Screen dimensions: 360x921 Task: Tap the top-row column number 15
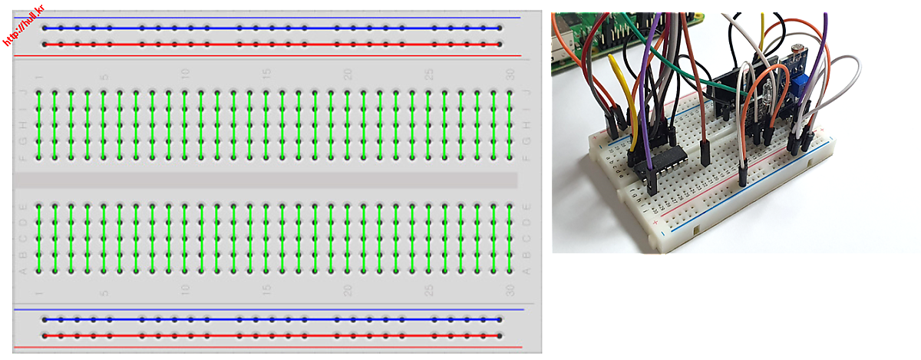pyautogui.click(x=266, y=74)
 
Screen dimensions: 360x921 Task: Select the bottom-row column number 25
pyautogui.click(x=430, y=290)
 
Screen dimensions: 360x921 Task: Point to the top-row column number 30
pyautogui.click(x=510, y=74)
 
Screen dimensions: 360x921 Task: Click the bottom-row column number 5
pyautogui.click(x=104, y=292)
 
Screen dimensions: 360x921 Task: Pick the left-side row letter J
pyautogui.click(x=22, y=93)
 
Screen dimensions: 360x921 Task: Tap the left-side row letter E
pyautogui.click(x=22, y=206)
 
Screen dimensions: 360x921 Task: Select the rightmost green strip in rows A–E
pyautogui.click(x=510, y=238)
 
